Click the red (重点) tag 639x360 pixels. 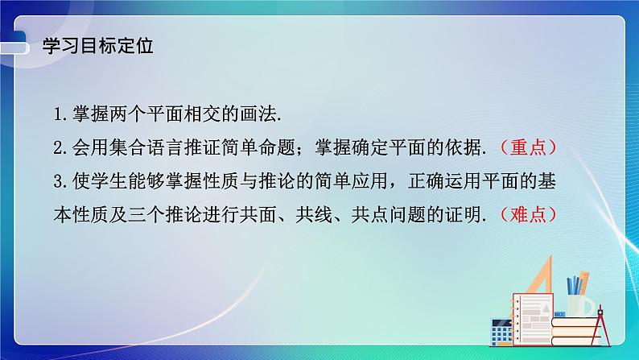[528, 148]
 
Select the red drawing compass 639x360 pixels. [603, 322]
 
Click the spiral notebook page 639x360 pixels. [533, 302]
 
